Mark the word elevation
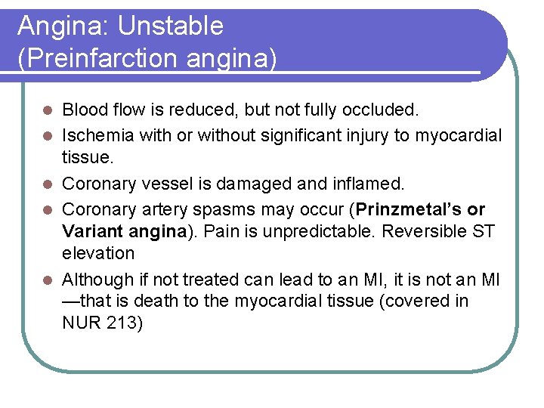tap(98, 254)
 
